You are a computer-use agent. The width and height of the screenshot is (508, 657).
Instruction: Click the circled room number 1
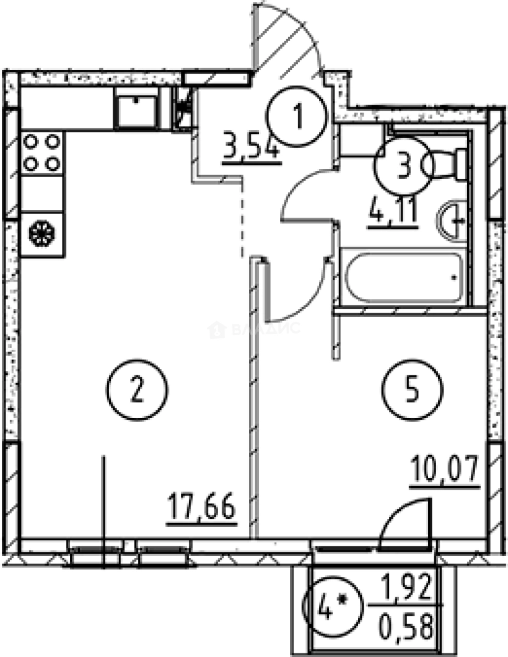pyautogui.click(x=298, y=116)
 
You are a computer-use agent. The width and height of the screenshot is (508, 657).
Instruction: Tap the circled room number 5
pyautogui.click(x=412, y=391)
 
